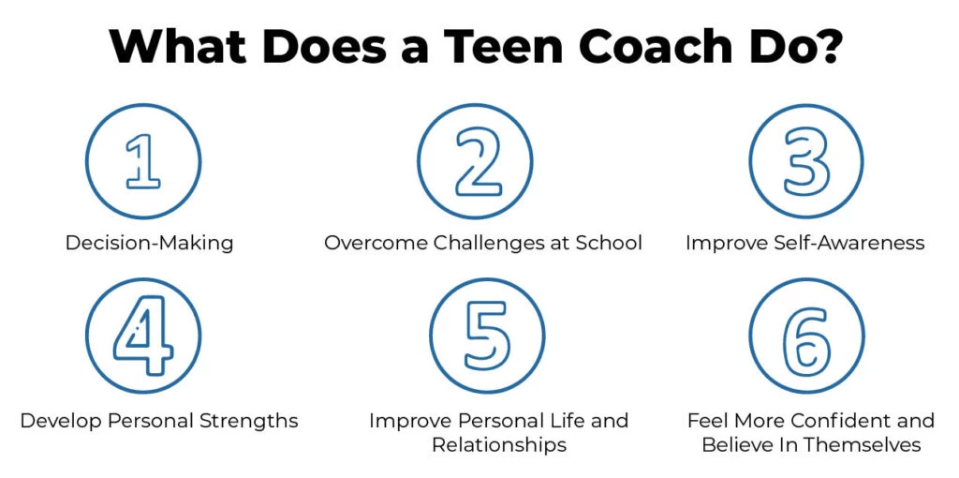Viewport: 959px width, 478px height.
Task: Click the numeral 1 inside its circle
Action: (x=143, y=160)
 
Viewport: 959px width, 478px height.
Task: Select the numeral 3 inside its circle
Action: (x=808, y=160)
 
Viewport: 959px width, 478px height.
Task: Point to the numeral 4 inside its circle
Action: (x=143, y=336)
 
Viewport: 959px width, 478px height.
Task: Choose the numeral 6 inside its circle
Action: (x=807, y=336)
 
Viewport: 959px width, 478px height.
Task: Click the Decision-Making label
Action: (x=149, y=243)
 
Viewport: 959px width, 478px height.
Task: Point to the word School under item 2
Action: (x=608, y=243)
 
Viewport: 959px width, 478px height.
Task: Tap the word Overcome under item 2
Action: (x=375, y=243)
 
